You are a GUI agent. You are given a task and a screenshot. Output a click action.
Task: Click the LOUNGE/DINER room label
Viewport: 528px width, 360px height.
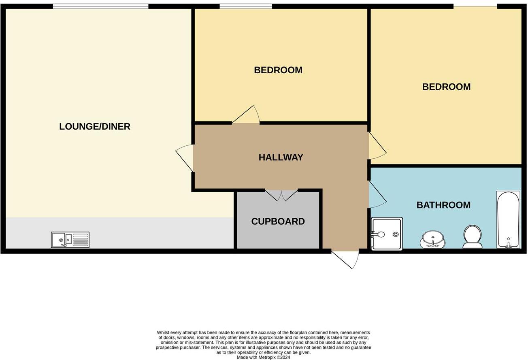point(95,126)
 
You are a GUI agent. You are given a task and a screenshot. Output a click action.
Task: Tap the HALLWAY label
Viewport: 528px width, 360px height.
point(281,157)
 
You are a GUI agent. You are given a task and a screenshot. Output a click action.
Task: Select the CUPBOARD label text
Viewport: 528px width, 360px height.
point(278,222)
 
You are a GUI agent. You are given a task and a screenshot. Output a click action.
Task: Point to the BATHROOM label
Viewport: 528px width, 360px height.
point(443,205)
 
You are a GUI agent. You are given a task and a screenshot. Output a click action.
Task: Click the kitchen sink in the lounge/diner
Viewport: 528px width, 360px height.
point(70,240)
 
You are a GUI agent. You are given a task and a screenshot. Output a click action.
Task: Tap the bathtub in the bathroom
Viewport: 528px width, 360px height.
point(508,219)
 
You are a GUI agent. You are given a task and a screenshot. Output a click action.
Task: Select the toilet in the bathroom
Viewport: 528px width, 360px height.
point(472,236)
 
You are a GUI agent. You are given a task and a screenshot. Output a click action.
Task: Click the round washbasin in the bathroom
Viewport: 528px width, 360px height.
point(432,238)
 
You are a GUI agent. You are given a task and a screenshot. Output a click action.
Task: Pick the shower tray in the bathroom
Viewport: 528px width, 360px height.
point(387,234)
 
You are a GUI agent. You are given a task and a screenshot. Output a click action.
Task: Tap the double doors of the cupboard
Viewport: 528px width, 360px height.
point(281,195)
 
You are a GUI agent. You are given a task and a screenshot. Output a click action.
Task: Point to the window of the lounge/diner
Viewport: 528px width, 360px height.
point(100,6)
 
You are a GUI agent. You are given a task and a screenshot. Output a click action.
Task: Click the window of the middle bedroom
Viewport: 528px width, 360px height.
point(246,6)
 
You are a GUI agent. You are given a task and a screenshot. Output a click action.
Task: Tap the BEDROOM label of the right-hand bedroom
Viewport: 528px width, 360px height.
point(446,87)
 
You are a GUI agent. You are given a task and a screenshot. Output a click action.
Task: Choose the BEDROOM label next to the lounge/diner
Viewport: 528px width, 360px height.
point(278,70)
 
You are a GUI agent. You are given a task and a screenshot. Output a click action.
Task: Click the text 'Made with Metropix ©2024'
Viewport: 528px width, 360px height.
point(263,358)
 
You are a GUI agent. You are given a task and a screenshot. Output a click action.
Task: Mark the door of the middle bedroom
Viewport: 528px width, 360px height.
point(246,115)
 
